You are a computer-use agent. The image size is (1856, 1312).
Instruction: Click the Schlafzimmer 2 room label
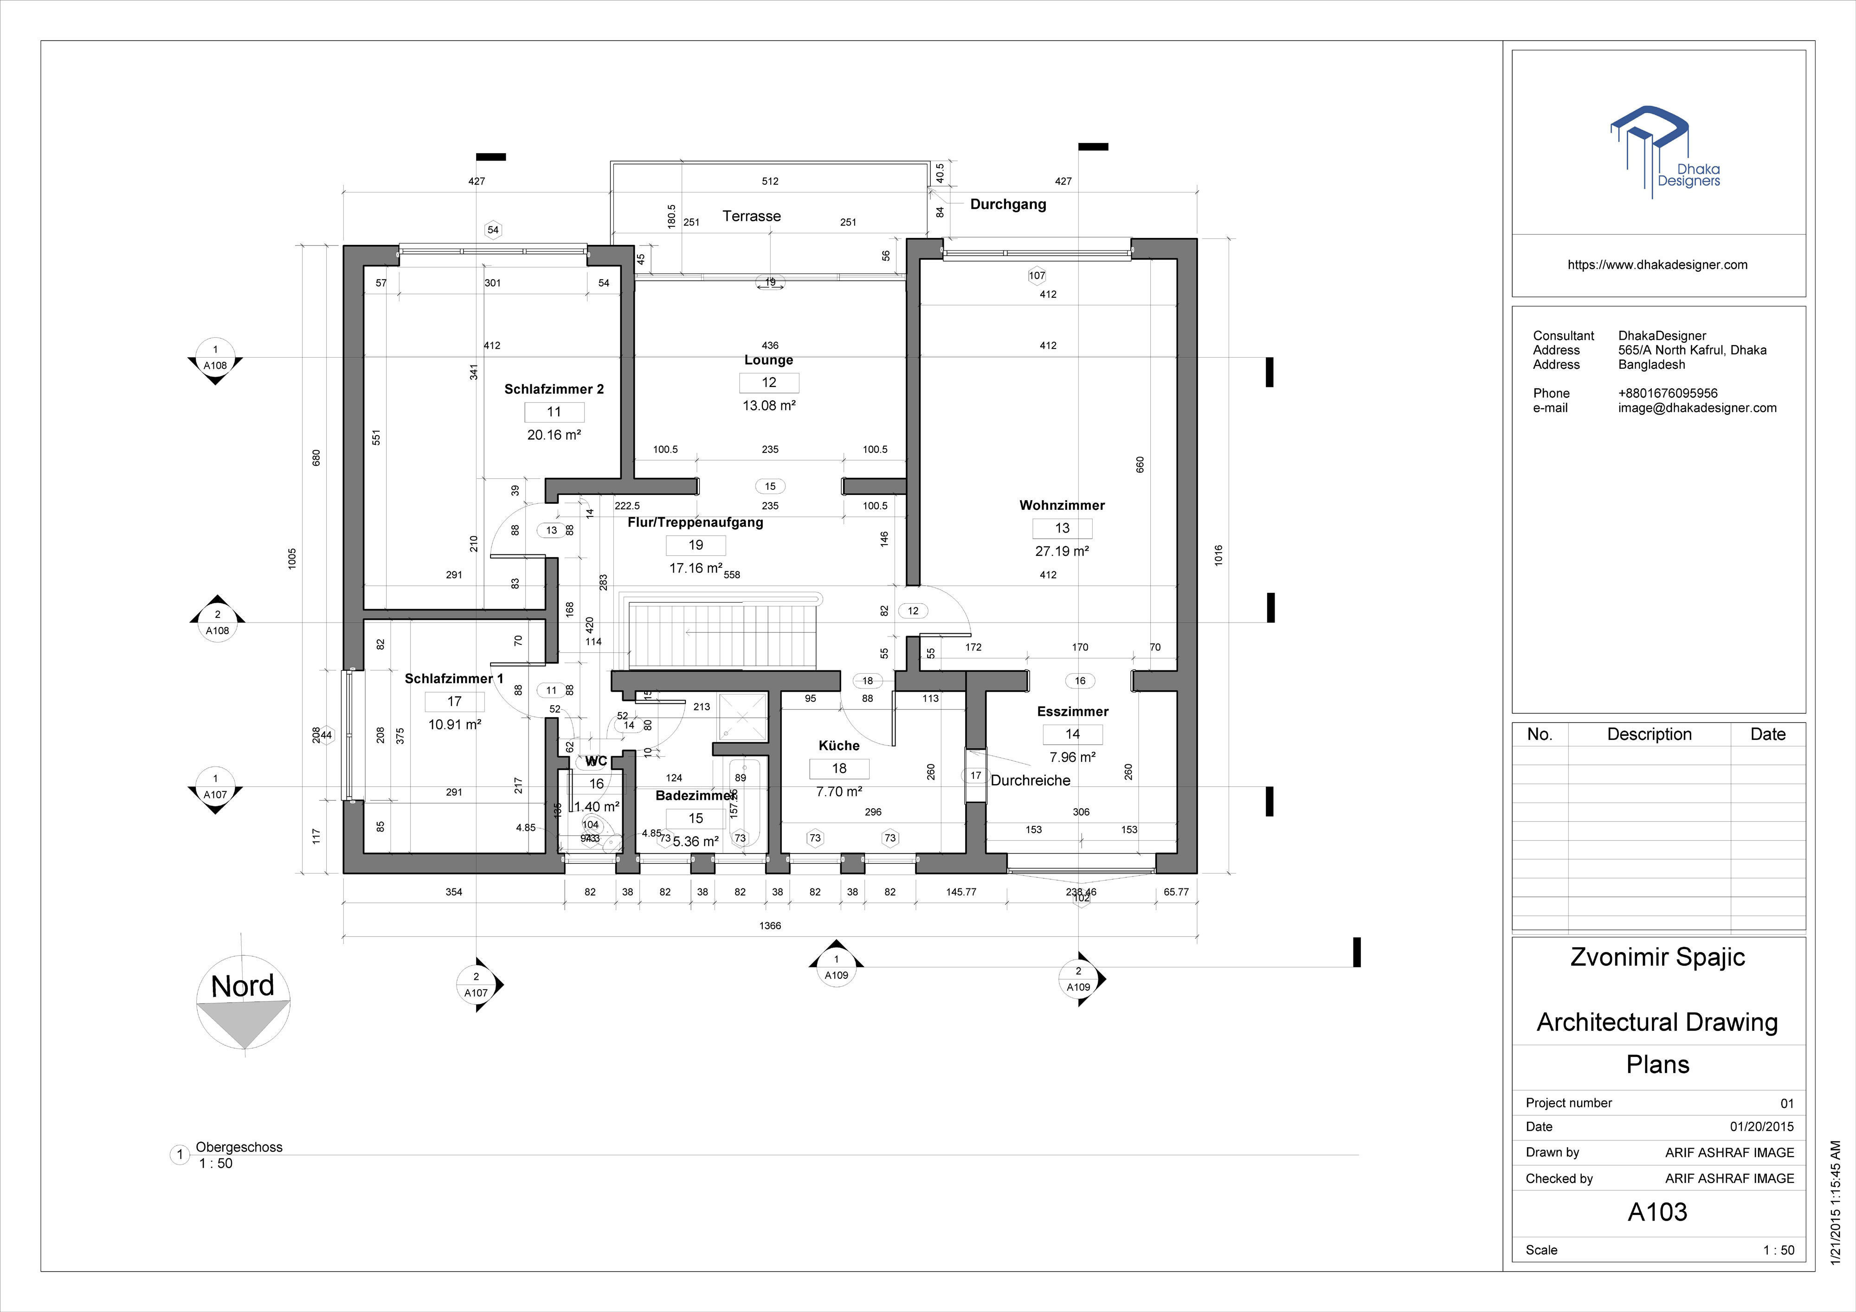(554, 389)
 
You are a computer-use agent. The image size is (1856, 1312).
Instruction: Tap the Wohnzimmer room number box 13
(1062, 528)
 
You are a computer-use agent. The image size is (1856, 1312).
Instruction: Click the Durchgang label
(1007, 205)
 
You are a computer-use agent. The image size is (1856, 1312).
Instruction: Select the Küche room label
(838, 746)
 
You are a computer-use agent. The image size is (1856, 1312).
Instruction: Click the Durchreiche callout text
(1030, 780)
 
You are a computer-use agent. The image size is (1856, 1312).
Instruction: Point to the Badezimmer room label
(695, 796)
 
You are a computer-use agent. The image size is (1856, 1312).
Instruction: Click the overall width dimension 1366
(770, 926)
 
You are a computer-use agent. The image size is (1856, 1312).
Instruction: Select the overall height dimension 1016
(1218, 555)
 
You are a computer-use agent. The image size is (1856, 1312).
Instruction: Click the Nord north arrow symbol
(243, 1003)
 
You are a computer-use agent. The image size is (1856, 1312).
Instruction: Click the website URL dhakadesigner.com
(1657, 264)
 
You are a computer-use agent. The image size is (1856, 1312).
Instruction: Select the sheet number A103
(1657, 1212)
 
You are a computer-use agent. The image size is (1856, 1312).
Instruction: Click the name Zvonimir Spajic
(1657, 957)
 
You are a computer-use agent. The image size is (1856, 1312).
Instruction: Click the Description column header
(1649, 734)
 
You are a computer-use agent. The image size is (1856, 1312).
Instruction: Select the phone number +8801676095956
(1668, 393)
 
